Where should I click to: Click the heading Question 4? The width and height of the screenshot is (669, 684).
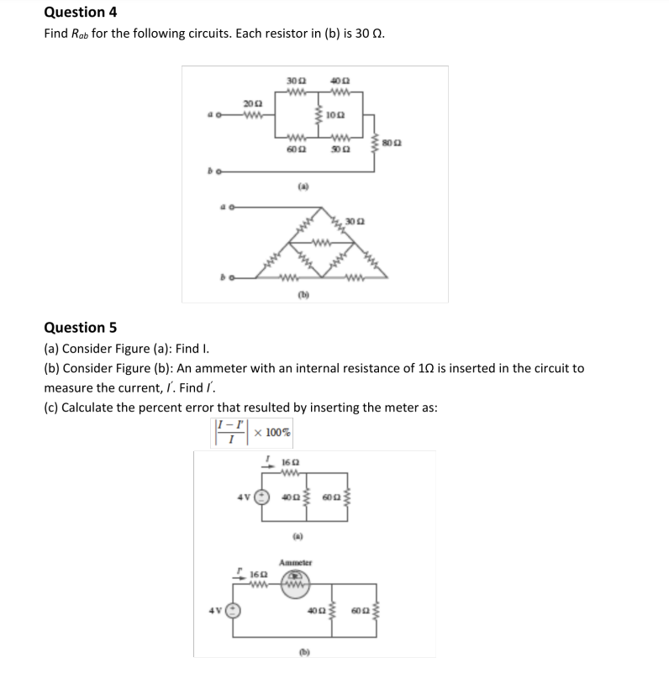pyautogui.click(x=80, y=12)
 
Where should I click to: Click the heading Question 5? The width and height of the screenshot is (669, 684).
pyautogui.click(x=80, y=327)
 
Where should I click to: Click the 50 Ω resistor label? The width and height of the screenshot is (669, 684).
pyautogui.click(x=340, y=149)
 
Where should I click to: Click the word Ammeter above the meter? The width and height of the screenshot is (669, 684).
pyautogui.click(x=295, y=561)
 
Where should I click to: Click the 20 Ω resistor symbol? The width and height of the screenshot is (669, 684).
pyautogui.click(x=250, y=114)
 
